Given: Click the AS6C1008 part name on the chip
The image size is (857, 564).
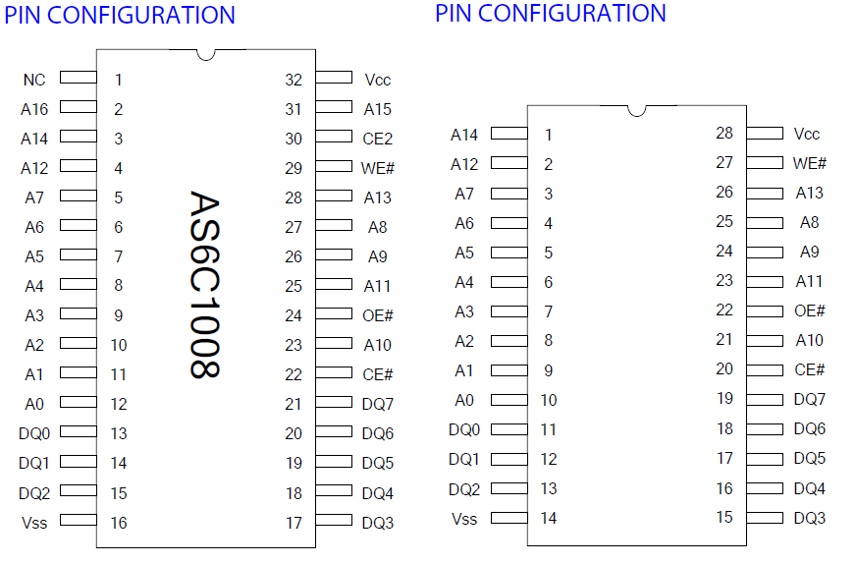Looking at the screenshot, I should tap(203, 285).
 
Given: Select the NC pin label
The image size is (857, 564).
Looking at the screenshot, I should tap(34, 80).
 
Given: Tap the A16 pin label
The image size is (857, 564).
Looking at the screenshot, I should tap(34, 109).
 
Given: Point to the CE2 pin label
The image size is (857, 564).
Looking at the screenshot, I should tap(378, 139).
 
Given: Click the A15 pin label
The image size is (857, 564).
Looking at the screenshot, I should tap(378, 109).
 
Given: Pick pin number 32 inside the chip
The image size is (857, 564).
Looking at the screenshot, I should tap(294, 80).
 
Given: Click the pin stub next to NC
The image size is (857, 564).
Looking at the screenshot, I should tap(78, 77).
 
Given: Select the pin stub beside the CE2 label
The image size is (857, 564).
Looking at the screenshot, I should tap(334, 136).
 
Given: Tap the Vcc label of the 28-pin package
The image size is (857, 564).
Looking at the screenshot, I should tap(807, 134).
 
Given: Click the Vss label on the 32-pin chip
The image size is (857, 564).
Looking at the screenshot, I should tap(34, 523).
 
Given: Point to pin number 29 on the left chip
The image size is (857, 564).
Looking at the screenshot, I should tap(294, 168).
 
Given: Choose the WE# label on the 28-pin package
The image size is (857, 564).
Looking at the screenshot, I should tap(810, 163).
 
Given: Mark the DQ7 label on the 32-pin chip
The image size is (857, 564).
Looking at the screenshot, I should tap(378, 404).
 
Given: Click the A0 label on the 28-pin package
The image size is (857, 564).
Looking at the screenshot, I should tap(464, 400).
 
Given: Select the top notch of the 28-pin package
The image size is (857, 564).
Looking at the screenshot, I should tap(637, 110).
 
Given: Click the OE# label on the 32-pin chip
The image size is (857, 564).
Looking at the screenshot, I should tap(378, 315).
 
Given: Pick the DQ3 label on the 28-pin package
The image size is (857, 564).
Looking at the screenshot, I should tap(810, 518).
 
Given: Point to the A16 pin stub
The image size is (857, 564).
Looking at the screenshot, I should tap(78, 106).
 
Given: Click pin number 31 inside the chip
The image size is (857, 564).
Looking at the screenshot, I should tap(294, 109).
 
